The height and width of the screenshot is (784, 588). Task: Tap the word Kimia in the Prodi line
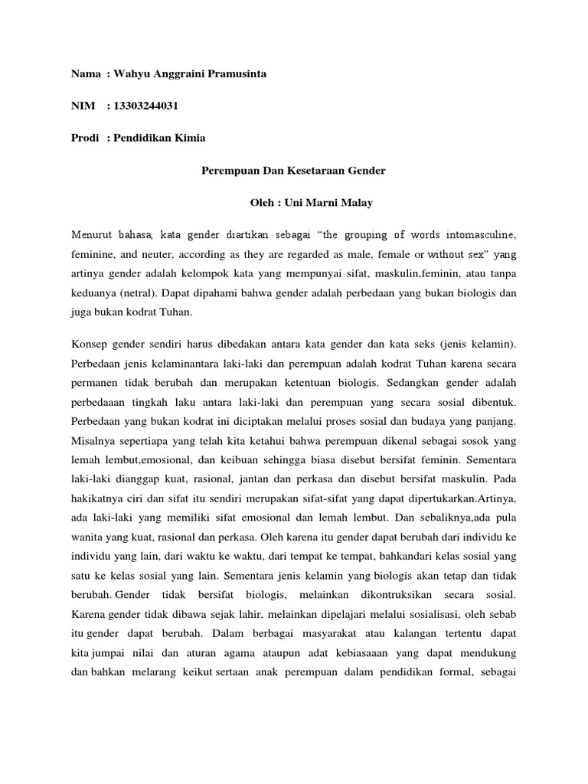click(x=190, y=138)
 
